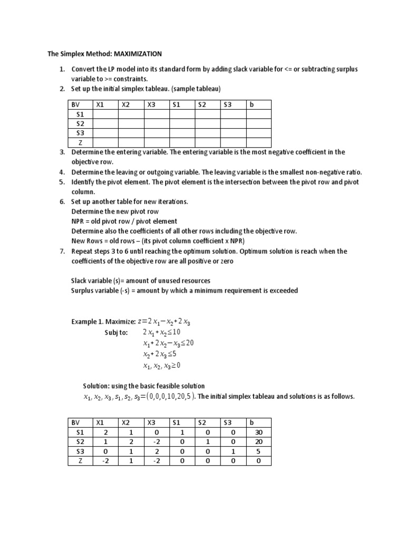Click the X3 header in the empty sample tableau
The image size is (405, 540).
click(152, 104)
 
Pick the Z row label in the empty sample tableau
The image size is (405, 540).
click(80, 142)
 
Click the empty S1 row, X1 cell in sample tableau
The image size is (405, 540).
click(105, 114)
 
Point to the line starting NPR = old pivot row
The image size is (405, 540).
click(124, 221)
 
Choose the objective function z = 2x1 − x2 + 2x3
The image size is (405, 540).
click(163, 322)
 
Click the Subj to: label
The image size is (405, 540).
click(117, 332)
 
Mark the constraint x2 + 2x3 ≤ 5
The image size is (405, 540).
click(163, 354)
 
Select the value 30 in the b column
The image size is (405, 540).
click(258, 432)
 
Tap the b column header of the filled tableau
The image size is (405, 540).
click(252, 422)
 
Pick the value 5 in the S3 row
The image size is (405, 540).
click(258, 451)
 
